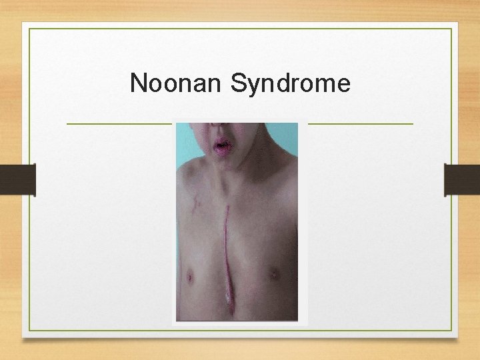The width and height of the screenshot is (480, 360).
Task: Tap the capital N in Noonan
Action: tap(139, 84)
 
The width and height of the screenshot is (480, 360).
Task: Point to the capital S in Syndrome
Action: tap(239, 84)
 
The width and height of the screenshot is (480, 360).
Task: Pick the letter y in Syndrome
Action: tap(253, 87)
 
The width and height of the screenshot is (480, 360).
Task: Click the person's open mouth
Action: tap(220, 145)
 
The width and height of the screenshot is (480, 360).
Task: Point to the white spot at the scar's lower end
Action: tap(229, 301)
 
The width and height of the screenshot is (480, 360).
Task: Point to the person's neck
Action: tap(230, 175)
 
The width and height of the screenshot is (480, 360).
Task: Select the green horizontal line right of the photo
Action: tap(360, 123)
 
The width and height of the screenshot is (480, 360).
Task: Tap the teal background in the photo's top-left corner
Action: tap(183, 133)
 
